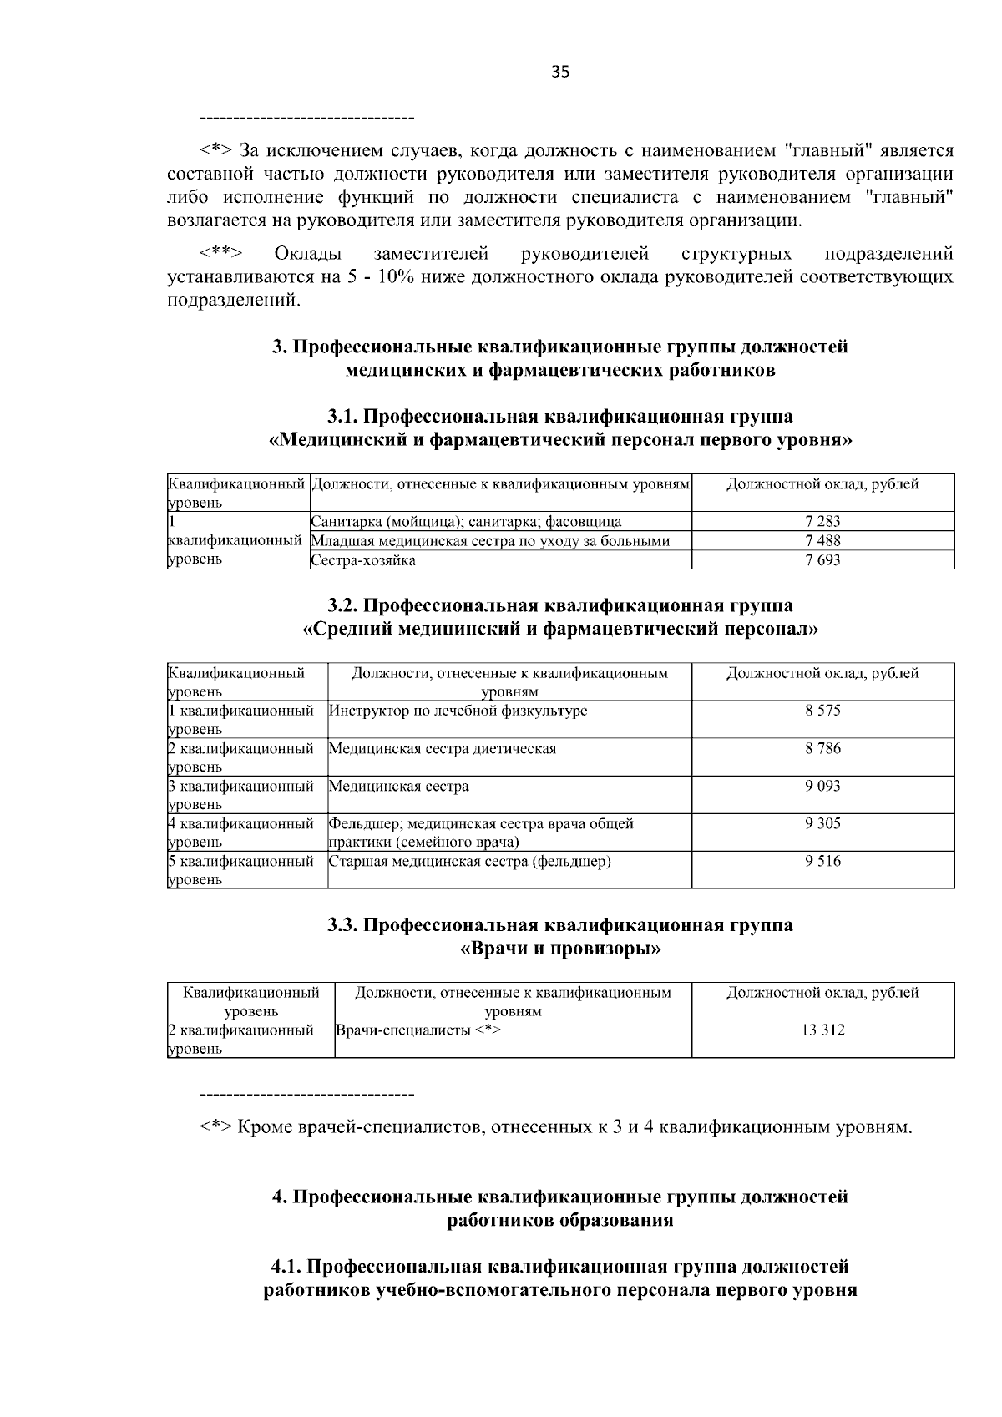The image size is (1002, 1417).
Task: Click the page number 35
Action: click(560, 73)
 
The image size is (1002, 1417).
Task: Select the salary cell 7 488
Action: click(822, 541)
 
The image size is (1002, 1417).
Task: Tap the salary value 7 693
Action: click(822, 560)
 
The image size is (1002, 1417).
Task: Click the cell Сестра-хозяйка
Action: click(363, 560)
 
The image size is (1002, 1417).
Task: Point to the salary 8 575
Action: click(822, 711)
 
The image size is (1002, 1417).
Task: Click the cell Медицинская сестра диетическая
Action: click(443, 748)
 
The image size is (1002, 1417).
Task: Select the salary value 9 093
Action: click(822, 786)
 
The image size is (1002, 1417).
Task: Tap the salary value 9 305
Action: click(822, 823)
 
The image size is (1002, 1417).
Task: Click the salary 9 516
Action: click(822, 861)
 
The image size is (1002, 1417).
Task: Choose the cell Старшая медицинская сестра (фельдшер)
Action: click(469, 861)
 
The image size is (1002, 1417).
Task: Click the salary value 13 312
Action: click(822, 1030)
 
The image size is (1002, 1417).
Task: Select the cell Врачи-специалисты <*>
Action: click(417, 1030)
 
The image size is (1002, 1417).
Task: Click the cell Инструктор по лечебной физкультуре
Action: click(458, 711)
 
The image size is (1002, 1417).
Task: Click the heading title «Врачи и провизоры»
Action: click(560, 949)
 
